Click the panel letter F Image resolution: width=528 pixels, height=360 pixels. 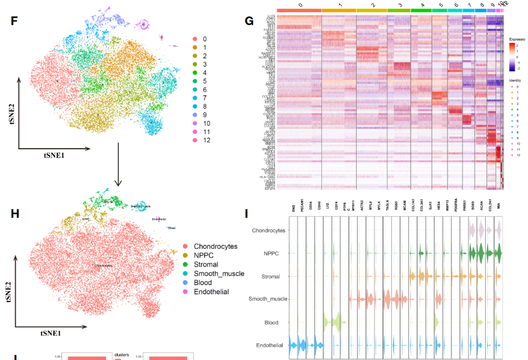point(14,22)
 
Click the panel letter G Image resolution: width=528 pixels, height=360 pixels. point(250,21)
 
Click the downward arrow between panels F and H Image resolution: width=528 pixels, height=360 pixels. point(119,172)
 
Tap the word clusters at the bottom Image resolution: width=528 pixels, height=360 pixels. point(122,354)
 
